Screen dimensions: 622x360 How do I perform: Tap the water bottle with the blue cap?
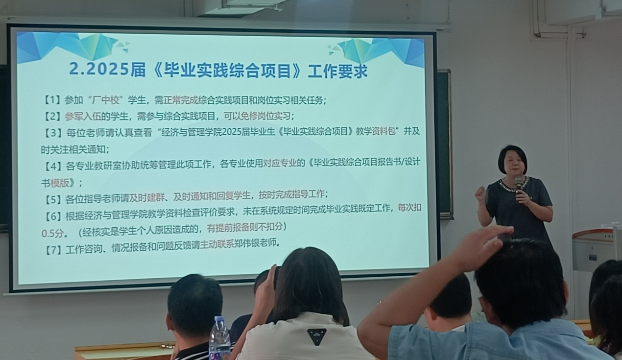pos(220,337)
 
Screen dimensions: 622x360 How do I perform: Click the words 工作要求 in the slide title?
pos(337,71)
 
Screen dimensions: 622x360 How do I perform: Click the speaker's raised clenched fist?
pos(480,193)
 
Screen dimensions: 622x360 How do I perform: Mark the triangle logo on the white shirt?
pos(316,336)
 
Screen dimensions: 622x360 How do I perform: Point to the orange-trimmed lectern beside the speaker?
pos(597,250)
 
